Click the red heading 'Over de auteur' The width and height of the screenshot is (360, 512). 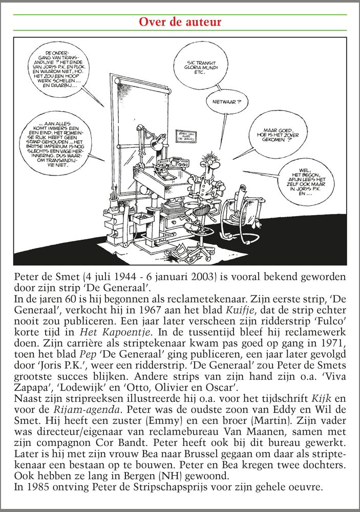click(180, 22)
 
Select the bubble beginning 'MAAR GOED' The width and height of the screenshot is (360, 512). click(279, 135)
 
